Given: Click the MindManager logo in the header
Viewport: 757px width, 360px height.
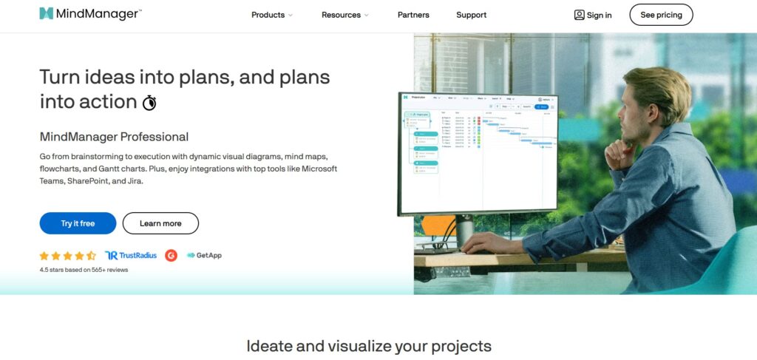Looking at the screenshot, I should tap(90, 14).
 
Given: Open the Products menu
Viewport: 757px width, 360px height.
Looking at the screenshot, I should tap(271, 15).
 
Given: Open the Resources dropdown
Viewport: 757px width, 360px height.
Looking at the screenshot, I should tap(344, 15).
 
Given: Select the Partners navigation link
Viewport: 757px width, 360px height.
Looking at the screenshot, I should tap(413, 15).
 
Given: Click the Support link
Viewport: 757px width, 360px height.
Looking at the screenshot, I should tap(471, 15).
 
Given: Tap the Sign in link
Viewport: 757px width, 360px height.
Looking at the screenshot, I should tap(593, 15).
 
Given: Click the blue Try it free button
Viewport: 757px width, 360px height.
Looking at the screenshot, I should tap(78, 223).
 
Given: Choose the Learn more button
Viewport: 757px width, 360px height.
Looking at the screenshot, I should tap(160, 223).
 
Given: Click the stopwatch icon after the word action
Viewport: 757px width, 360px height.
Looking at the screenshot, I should tap(149, 102).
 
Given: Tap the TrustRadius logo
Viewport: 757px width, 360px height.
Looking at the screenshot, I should tap(131, 256).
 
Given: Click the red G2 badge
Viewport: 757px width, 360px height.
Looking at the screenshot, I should tap(172, 256).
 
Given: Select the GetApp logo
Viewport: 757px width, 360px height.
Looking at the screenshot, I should tap(204, 256).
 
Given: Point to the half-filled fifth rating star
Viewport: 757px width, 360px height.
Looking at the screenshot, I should tap(92, 256).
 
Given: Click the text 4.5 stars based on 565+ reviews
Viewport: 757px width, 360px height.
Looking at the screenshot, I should tap(84, 270).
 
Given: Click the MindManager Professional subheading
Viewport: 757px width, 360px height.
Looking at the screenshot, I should tap(114, 137).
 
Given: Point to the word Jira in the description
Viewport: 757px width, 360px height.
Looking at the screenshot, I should tap(133, 181).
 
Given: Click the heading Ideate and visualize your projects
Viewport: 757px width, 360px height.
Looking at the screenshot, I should tap(368, 346).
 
